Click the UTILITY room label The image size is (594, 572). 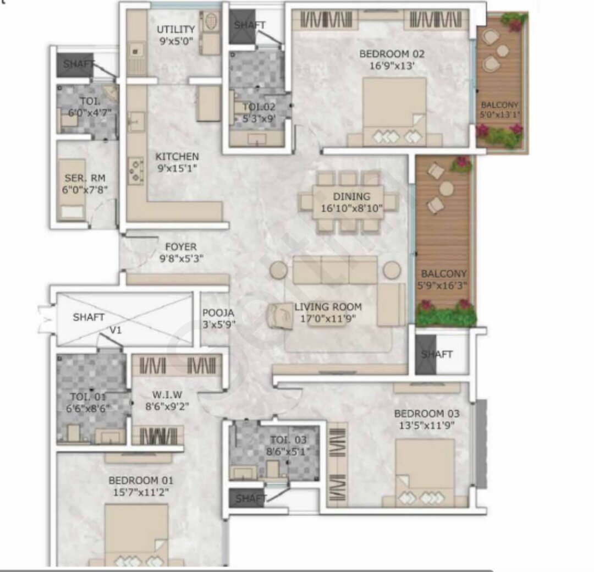[176, 30]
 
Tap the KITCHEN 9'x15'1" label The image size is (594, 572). [177, 162]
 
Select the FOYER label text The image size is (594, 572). [181, 247]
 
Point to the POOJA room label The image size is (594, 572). [218, 313]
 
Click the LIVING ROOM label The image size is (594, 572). [328, 307]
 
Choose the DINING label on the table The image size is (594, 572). [351, 196]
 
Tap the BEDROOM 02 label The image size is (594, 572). [392, 54]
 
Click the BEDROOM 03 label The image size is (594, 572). [427, 414]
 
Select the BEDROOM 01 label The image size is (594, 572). [141, 481]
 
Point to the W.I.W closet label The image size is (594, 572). [167, 395]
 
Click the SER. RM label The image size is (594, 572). [85, 178]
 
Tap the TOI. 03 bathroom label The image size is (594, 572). [288, 440]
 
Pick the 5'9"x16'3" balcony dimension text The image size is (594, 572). [442, 285]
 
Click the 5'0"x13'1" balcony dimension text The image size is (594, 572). [499, 114]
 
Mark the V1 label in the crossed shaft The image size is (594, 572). [116, 331]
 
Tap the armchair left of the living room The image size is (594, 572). [280, 316]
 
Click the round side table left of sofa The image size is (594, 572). [278, 270]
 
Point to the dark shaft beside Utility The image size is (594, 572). [242, 26]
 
